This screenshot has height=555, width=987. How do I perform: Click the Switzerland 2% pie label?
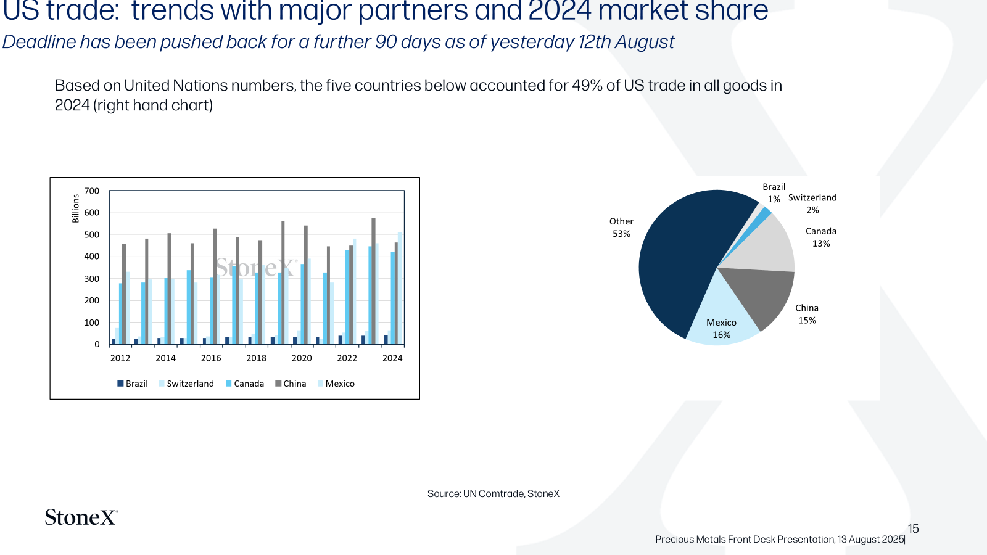pyautogui.click(x=812, y=203)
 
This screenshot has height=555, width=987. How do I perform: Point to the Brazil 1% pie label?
pyautogui.click(x=774, y=193)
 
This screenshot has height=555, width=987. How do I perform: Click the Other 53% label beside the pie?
pyautogui.click(x=621, y=228)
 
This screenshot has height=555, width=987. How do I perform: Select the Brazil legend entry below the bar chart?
pyautogui.click(x=132, y=384)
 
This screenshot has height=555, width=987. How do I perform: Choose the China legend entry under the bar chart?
pyautogui.click(x=291, y=384)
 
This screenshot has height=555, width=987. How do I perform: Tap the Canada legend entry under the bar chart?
pyautogui.click(x=244, y=384)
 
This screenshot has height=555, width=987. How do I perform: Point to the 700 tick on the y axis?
pyautogui.click(x=92, y=191)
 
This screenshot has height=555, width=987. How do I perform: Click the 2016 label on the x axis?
pyautogui.click(x=211, y=358)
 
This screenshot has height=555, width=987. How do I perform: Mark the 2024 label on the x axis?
pyautogui.click(x=392, y=358)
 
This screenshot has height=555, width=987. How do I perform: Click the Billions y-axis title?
pyautogui.click(x=75, y=209)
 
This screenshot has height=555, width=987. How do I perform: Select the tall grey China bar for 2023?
pyautogui.click(x=374, y=281)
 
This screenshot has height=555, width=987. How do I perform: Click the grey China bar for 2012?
pyautogui.click(x=124, y=294)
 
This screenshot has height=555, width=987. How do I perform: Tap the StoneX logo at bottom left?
pyautogui.click(x=81, y=517)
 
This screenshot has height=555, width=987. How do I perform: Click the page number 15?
pyautogui.click(x=914, y=528)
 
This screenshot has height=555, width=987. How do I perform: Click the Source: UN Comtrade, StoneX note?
pyautogui.click(x=493, y=494)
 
